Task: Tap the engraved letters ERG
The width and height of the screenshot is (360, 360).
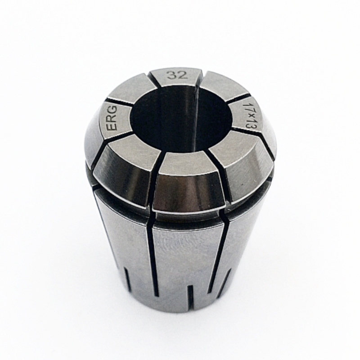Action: click(x=113, y=118)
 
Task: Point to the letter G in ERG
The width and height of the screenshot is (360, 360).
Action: click(x=113, y=110)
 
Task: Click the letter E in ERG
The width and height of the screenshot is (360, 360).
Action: click(x=113, y=127)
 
